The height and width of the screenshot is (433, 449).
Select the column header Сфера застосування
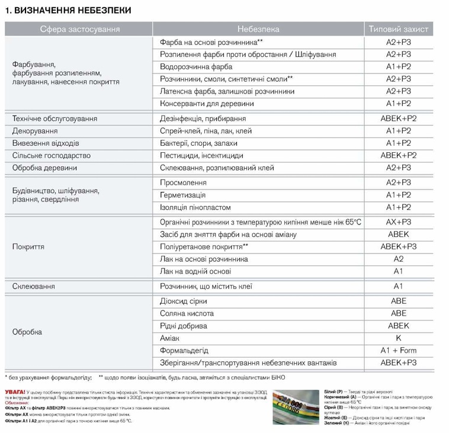pos(79,29)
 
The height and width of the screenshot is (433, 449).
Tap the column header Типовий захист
pos(398,29)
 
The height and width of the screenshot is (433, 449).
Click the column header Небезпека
pos(258,29)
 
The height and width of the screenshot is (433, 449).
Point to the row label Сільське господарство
pos(52,155)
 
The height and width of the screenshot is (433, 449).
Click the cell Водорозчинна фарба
pos(196,66)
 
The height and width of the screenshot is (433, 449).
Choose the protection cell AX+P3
pos(398,222)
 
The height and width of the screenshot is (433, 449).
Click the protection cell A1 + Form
pos(398,350)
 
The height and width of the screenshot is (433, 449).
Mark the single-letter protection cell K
pos(398,338)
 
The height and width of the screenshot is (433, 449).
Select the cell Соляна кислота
pos(187,313)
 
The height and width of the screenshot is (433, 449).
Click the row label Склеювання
pos(33,286)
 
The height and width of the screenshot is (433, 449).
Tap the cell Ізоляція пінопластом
pos(195,207)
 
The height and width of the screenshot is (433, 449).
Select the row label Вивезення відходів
pos(46,143)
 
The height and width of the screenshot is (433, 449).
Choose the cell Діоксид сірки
pos(183,301)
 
